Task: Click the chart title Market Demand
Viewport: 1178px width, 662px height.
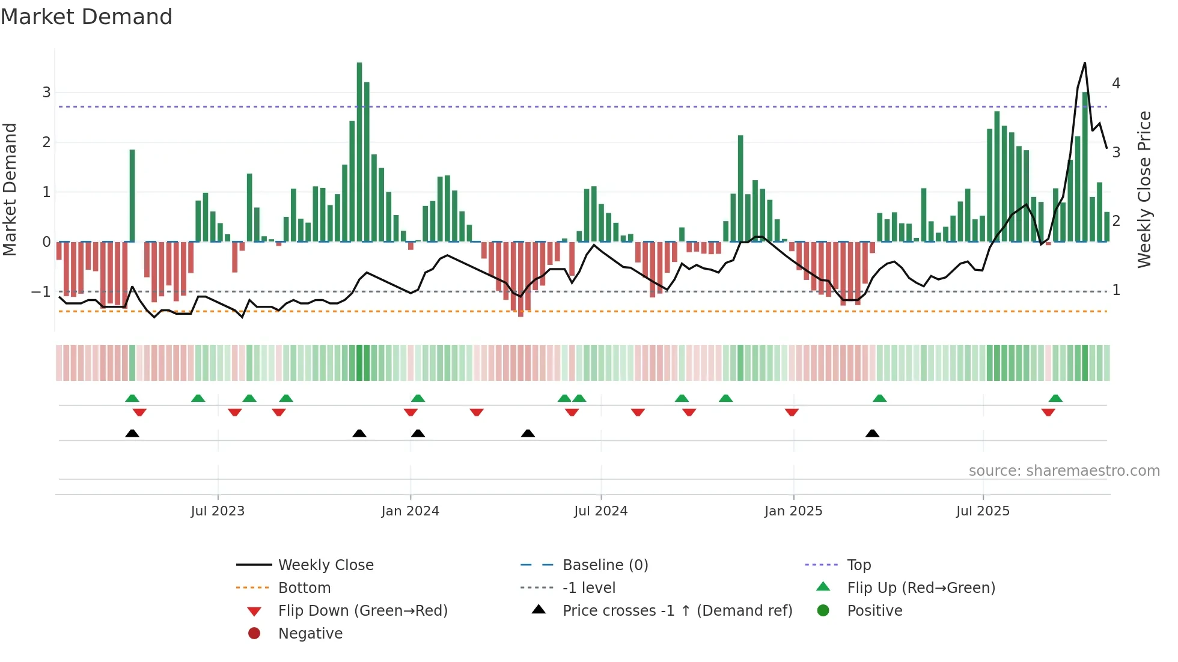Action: [x=87, y=17]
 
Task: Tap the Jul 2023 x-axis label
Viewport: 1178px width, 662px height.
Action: [x=218, y=511]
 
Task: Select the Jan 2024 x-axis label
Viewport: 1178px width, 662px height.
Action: [x=410, y=511]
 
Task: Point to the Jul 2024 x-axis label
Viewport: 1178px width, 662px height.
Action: [x=600, y=511]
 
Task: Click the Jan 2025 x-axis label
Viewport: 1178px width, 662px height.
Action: [x=793, y=511]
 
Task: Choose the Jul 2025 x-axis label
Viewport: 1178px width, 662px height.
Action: [x=983, y=511]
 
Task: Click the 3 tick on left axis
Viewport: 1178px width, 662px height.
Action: [x=46, y=93]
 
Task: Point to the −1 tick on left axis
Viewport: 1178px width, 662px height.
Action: [x=41, y=292]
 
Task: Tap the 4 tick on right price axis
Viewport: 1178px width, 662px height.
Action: [x=1116, y=84]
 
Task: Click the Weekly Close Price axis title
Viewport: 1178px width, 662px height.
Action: [x=1144, y=189]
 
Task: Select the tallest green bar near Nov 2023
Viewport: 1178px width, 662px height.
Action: [x=359, y=150]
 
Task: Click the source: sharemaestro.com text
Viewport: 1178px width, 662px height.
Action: [x=1064, y=471]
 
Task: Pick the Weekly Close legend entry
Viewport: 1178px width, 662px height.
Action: [x=325, y=565]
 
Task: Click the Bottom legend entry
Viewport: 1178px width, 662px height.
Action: [x=304, y=588]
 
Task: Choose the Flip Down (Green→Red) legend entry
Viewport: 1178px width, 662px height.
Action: [x=362, y=611]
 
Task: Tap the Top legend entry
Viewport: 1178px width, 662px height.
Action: [x=858, y=565]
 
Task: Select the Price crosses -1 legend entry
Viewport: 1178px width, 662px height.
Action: [x=677, y=611]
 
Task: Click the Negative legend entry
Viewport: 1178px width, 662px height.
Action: [x=310, y=634]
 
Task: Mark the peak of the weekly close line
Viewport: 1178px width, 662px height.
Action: [x=1084, y=62]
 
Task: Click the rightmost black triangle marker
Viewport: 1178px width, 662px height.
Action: [x=872, y=434]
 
